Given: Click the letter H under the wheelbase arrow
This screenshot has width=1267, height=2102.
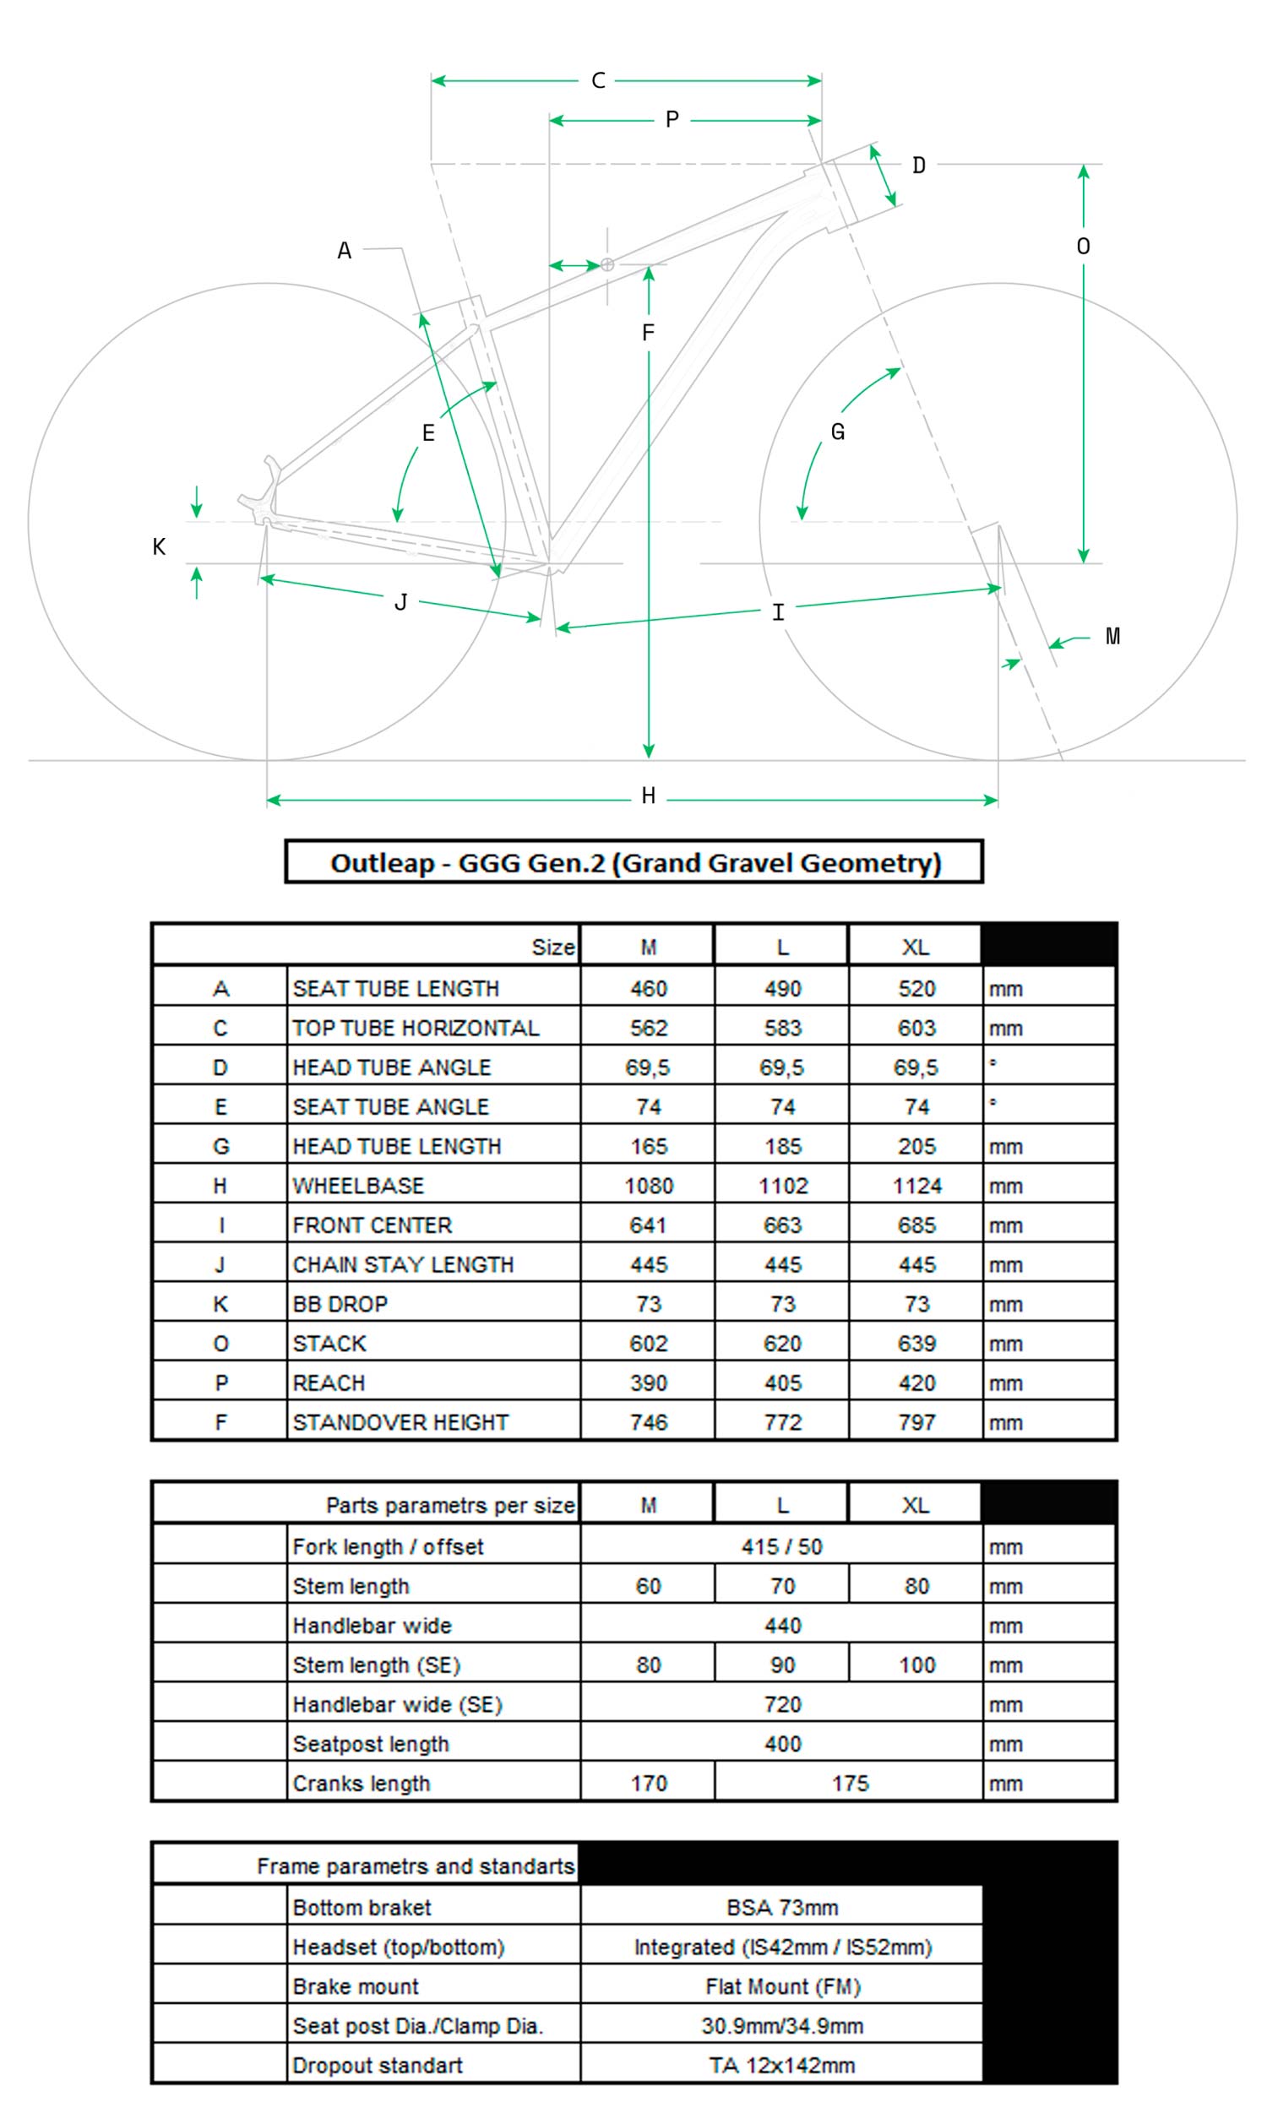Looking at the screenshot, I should [x=649, y=796].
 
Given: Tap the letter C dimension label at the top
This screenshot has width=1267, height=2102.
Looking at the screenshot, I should [x=598, y=81].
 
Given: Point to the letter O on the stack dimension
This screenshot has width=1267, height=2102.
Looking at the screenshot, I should [x=1083, y=247].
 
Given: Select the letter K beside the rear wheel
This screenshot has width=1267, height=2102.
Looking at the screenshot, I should [x=159, y=547].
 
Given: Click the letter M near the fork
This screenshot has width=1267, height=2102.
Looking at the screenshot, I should [x=1112, y=637].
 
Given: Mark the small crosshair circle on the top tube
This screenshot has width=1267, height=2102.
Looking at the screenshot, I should [x=607, y=264].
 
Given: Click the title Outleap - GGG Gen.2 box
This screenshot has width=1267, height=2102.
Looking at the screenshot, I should [x=634, y=862].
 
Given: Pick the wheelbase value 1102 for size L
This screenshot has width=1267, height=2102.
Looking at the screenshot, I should [x=782, y=1186].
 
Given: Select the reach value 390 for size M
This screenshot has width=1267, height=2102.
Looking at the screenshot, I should [x=649, y=1382].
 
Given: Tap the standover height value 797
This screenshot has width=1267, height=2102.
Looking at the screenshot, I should [x=916, y=1422].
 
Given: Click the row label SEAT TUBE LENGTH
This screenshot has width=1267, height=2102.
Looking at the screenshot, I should [x=396, y=989].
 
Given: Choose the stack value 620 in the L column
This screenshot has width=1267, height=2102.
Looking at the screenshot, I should [x=782, y=1344].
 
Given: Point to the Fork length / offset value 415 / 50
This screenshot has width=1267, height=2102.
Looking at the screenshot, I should [x=781, y=1546].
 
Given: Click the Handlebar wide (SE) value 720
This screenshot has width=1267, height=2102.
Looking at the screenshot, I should [x=782, y=1704].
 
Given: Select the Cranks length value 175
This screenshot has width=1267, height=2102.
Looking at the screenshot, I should [x=850, y=1783].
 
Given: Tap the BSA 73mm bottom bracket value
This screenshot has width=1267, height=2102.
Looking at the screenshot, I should [x=781, y=1908].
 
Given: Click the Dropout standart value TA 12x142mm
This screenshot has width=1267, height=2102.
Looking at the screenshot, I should [x=781, y=2066].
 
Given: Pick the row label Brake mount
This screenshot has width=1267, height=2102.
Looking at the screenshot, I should [x=356, y=1987].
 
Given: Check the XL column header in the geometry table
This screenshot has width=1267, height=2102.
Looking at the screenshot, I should [x=916, y=947].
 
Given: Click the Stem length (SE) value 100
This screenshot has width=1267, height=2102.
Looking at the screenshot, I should [x=916, y=1665].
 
